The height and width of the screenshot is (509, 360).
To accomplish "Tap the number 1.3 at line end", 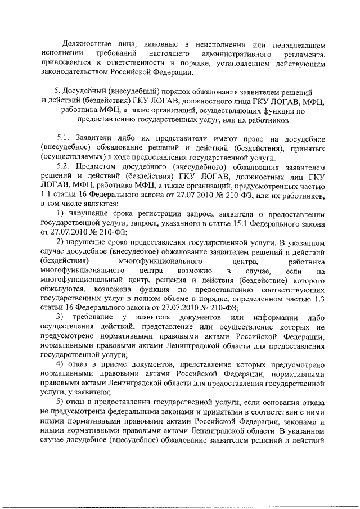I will [x=318, y=298].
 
